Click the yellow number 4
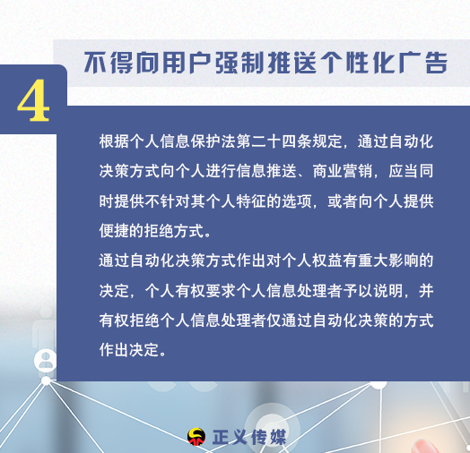(33, 100)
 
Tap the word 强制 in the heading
(229, 63)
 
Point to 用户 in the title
(176, 63)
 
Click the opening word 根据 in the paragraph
(114, 141)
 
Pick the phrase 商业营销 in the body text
(343, 172)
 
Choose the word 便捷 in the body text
(114, 231)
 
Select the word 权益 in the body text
(327, 261)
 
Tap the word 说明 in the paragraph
(387, 291)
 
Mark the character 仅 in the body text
(274, 321)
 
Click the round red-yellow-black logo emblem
(196, 437)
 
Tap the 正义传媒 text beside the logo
(249, 438)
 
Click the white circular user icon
(45, 361)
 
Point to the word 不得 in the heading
(109, 63)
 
